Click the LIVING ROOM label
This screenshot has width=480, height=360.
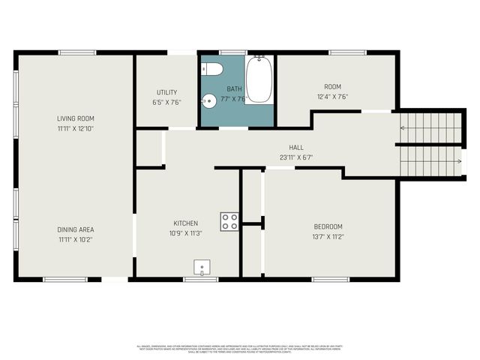[76, 118]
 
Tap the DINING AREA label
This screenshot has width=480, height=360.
[76, 229]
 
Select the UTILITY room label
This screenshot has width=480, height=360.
[166, 92]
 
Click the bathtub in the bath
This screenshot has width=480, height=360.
[259, 79]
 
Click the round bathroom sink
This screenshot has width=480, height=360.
[209, 99]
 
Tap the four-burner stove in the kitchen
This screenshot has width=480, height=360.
[229, 220]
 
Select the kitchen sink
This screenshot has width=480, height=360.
[202, 267]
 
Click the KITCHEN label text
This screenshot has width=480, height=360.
[186, 223]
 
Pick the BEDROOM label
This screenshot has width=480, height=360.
[328, 226]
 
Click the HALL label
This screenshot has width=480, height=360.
[296, 148]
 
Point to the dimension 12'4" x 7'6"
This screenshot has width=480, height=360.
[331, 97]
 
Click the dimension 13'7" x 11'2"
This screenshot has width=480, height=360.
[328, 237]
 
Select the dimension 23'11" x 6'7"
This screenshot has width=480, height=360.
[296, 157]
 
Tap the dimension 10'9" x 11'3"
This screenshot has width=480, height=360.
[186, 233]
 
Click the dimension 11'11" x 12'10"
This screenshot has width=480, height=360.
[76, 128]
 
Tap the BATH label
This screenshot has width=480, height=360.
[235, 88]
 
